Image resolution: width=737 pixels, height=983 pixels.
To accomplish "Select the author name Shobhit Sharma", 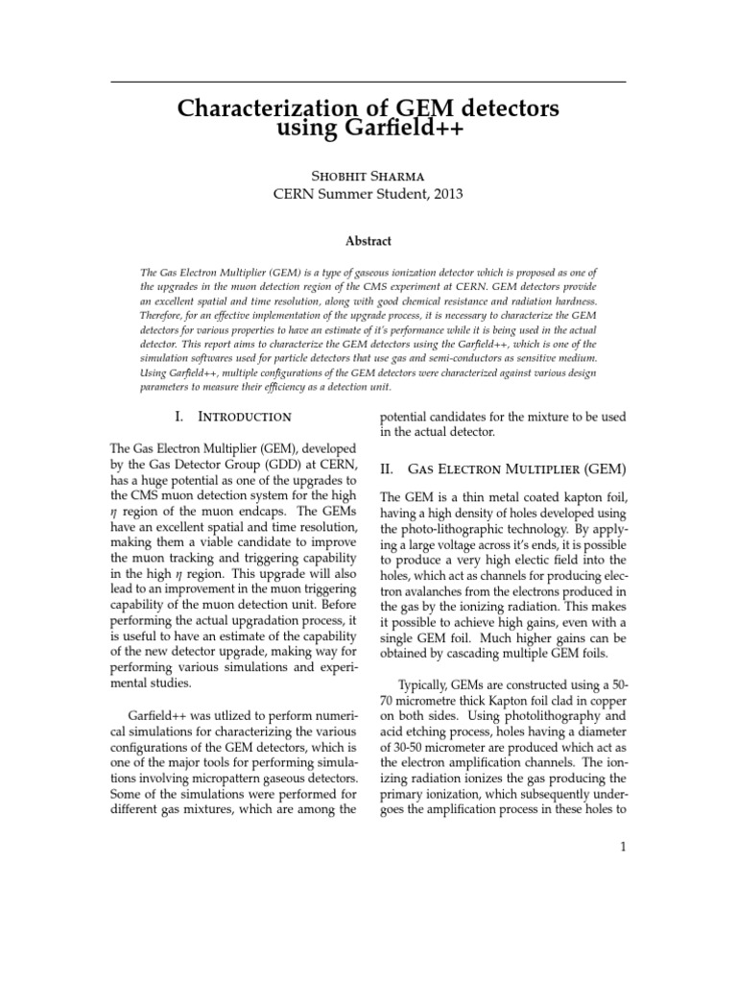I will tap(368, 175).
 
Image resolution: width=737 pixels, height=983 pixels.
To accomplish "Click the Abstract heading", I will tap(368, 241).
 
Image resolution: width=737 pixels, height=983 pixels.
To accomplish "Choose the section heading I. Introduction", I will tap(230, 417).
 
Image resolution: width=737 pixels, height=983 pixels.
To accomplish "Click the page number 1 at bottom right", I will tap(622, 847).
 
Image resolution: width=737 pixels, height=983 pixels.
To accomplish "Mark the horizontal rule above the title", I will tap(368, 81).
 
